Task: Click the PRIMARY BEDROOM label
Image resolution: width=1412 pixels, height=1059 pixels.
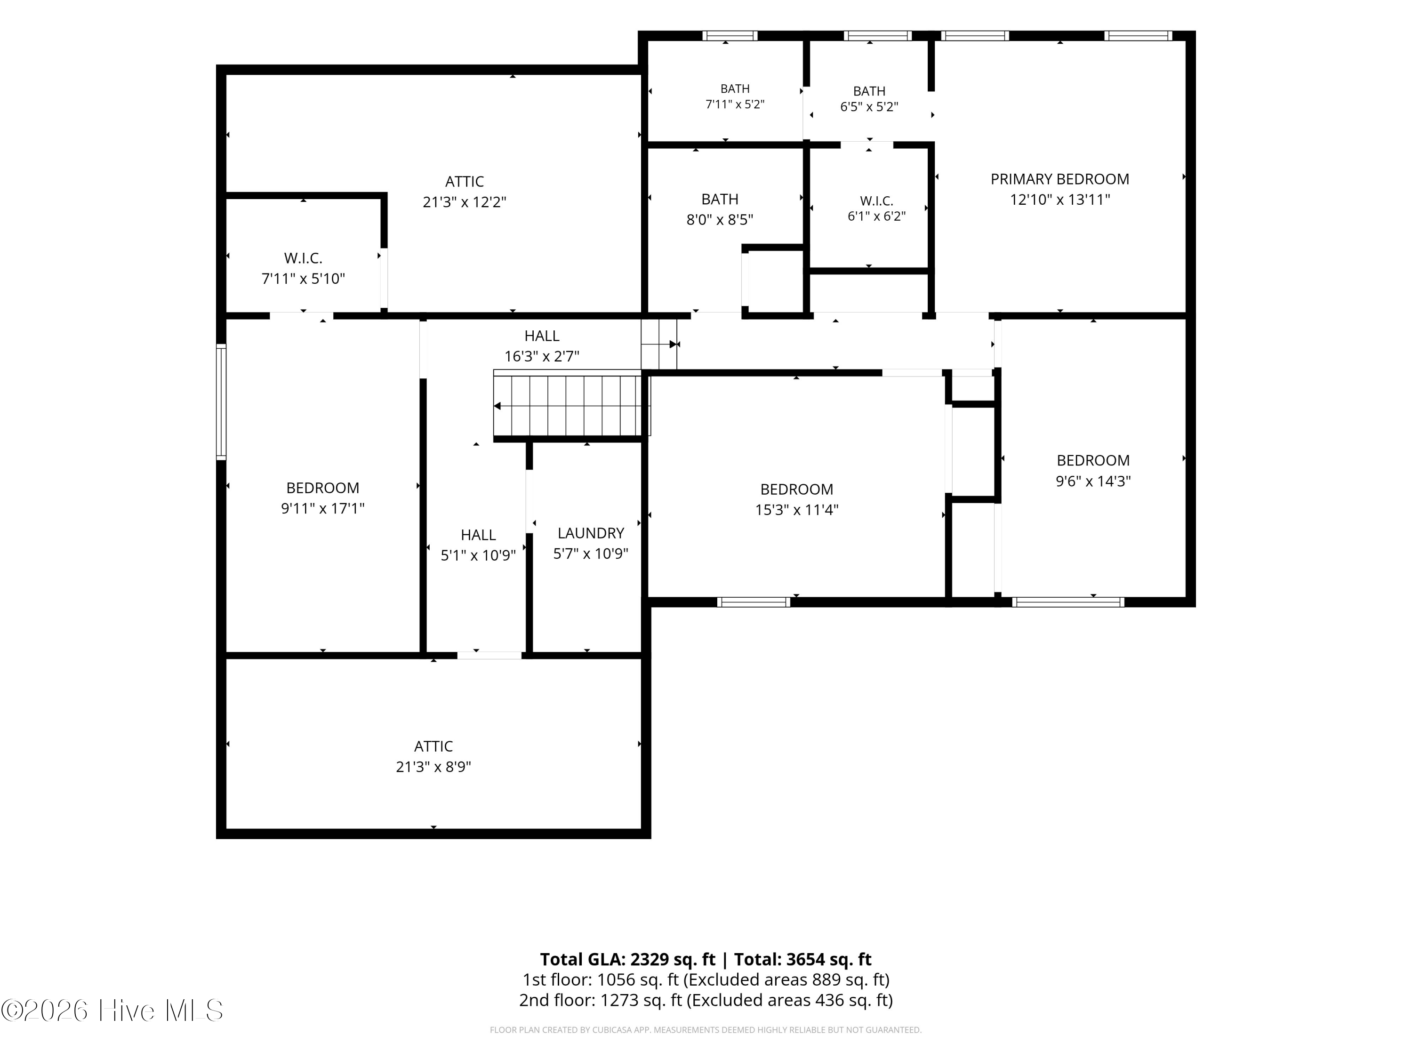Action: pos(1059,179)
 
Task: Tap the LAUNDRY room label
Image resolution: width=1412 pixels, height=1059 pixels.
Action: pos(591,533)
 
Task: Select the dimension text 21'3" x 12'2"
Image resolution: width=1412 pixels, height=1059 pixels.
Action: pos(464,202)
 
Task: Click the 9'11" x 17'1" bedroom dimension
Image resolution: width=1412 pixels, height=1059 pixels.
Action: pos(322,509)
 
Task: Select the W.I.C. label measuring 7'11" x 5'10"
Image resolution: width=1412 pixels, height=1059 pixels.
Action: pos(303,258)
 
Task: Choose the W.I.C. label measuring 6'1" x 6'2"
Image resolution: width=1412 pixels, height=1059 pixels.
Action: pos(876,201)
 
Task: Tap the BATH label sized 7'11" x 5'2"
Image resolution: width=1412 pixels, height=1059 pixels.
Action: pos(735,89)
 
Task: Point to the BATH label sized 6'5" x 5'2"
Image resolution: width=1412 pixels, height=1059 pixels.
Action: pos(869,91)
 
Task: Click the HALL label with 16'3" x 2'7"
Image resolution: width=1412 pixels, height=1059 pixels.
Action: pos(542,336)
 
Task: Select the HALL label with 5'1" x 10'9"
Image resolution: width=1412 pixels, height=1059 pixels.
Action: pos(478,535)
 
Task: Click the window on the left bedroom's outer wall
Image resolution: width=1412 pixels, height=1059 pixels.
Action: pos(221,401)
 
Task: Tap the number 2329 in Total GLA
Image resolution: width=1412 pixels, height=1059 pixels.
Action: pos(650,959)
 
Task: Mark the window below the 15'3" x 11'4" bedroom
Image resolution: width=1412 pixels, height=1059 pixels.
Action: pos(753,602)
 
